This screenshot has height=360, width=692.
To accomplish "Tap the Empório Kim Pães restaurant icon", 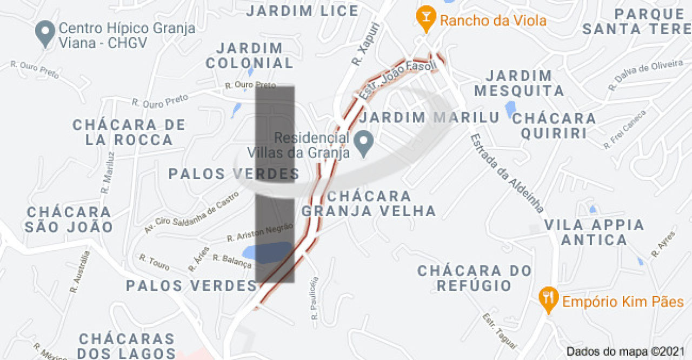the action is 548,299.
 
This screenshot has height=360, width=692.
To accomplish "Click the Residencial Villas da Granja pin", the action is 364,143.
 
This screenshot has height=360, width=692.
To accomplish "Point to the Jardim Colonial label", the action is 249,56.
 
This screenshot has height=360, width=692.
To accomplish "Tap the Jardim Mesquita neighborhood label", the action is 518,83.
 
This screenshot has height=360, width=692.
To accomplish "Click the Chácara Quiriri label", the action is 554,125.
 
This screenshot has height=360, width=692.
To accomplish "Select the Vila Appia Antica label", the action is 594,232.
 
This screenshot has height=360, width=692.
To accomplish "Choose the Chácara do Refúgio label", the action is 474,278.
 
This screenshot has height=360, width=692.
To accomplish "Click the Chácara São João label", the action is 69,219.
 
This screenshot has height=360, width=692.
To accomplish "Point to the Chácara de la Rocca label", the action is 129,132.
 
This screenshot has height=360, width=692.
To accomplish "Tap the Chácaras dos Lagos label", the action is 127,346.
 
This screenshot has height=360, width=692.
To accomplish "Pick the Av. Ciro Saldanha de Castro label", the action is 191,212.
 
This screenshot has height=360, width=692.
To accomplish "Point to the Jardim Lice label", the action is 302,10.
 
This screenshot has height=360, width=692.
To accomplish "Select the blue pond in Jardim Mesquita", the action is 510,109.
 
